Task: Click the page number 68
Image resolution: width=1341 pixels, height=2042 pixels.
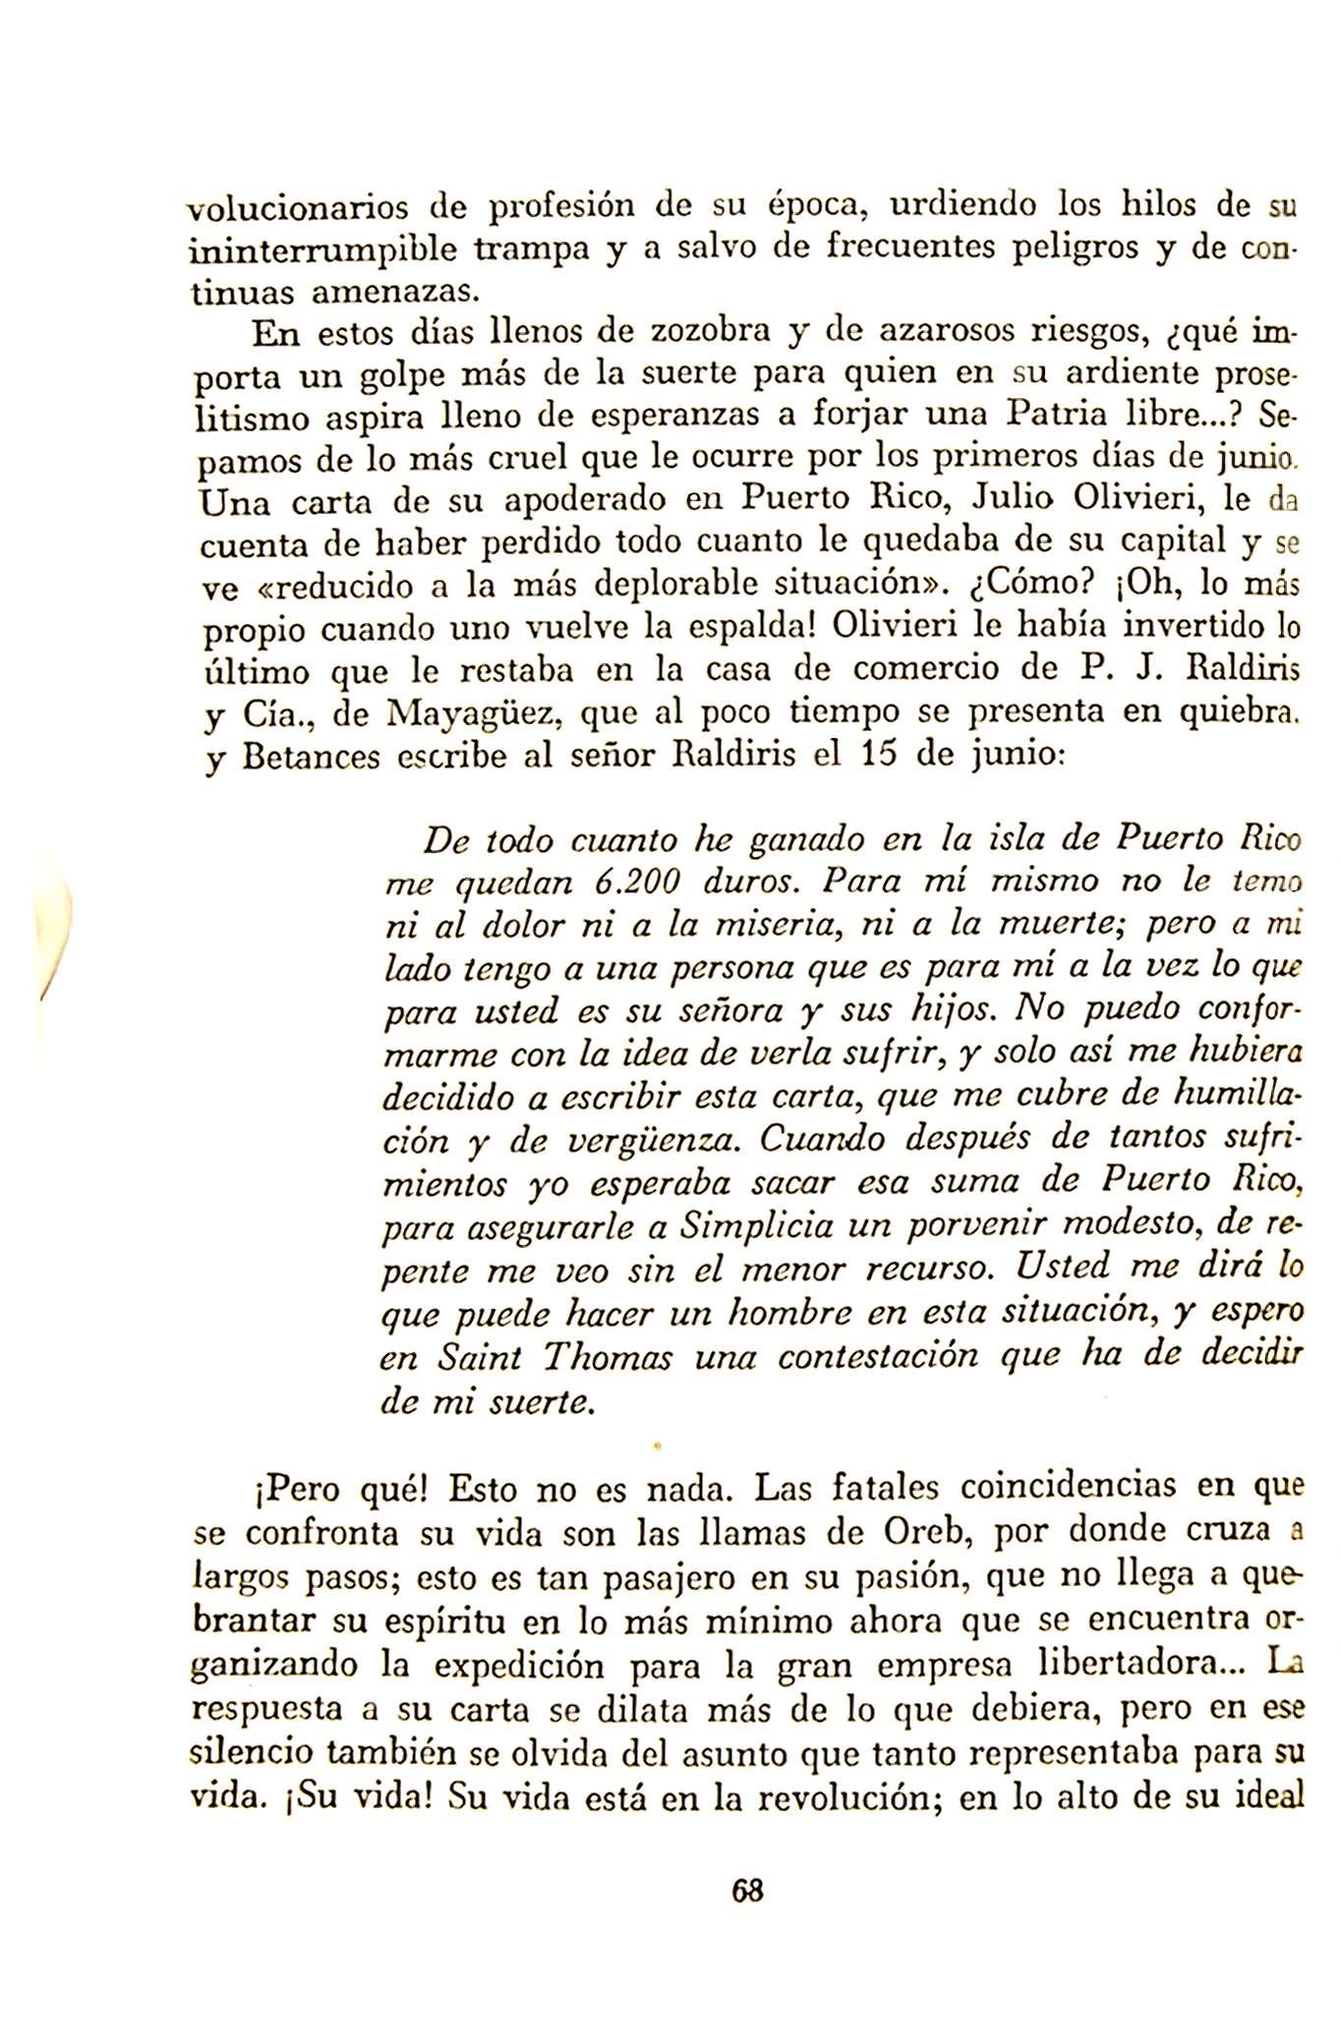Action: click(748, 1890)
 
